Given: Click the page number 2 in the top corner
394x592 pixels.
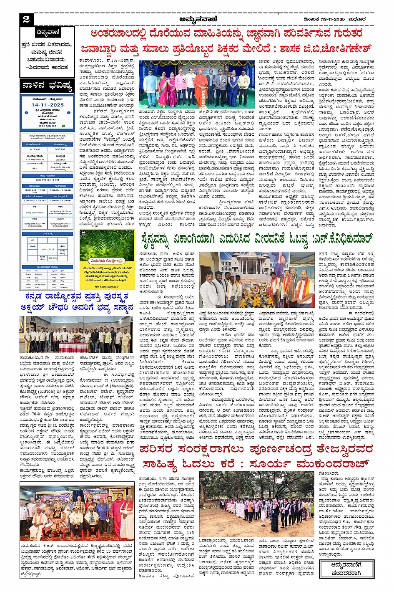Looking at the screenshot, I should (26, 19).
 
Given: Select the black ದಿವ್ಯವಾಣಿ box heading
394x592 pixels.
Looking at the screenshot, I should (48, 33).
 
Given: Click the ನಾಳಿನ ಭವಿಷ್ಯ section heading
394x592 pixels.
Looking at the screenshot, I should (47, 86).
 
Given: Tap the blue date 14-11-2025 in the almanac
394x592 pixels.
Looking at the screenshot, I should (48, 105).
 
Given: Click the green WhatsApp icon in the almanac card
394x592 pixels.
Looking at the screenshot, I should (63, 126).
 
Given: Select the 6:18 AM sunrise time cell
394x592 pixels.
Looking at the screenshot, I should (35, 149).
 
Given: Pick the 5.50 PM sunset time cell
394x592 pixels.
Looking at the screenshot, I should (60, 149).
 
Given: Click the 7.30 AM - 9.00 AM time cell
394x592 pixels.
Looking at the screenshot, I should (60, 190).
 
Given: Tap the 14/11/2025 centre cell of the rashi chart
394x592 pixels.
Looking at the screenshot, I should (48, 249).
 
